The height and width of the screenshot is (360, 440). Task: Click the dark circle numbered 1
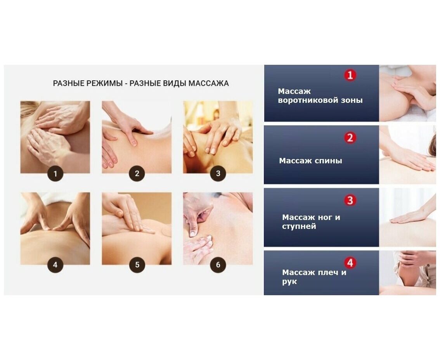(x=55, y=173)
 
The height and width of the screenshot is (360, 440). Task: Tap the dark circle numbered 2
(x=137, y=173)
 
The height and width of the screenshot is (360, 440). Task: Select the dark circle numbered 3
(x=218, y=173)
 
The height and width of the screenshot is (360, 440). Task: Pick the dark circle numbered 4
(x=55, y=265)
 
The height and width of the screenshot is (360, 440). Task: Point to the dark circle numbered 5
(x=137, y=265)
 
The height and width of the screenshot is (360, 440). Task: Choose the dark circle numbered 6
(x=218, y=265)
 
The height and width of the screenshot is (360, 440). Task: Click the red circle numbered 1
(x=350, y=75)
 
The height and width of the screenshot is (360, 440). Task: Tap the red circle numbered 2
(x=350, y=138)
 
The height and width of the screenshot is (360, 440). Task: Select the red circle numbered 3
(x=350, y=200)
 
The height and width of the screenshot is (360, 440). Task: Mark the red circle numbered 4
(x=350, y=263)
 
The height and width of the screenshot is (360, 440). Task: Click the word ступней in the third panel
(x=299, y=227)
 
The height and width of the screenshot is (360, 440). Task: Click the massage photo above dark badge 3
(x=218, y=137)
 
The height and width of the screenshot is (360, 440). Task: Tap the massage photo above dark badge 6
(x=218, y=228)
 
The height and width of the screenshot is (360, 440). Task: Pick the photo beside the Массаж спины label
(x=407, y=155)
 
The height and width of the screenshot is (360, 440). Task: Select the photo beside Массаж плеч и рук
(x=407, y=273)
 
